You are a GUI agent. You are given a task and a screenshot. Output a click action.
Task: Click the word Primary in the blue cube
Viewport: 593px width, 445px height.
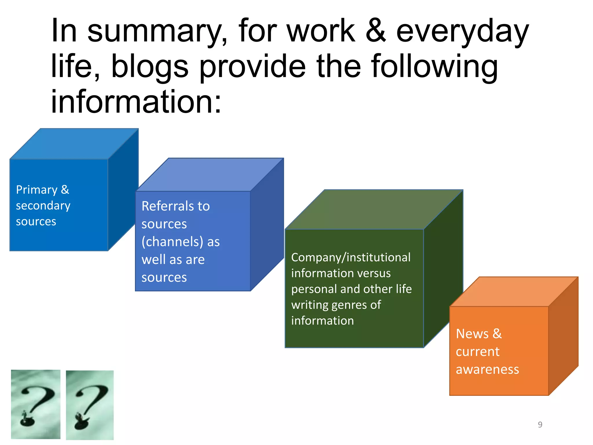tap(37, 190)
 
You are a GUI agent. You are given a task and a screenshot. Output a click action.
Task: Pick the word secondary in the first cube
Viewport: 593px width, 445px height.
tap(43, 206)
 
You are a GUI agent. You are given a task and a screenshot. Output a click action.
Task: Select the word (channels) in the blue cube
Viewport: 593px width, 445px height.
tap(172, 242)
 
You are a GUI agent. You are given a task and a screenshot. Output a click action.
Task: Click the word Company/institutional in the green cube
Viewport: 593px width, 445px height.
tap(351, 257)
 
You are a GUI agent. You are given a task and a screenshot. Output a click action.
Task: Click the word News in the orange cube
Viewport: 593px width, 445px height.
tap(472, 334)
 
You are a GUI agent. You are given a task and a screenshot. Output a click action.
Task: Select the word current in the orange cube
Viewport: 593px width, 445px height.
tap(477, 352)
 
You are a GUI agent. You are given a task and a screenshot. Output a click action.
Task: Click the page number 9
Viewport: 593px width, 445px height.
tap(540, 424)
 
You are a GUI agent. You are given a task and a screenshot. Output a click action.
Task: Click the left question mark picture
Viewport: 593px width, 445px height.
tap(36, 404)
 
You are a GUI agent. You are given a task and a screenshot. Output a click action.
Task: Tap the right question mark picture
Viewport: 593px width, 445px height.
tap(90, 405)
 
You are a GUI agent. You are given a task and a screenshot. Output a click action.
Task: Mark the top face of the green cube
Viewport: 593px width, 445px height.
tap(374, 209)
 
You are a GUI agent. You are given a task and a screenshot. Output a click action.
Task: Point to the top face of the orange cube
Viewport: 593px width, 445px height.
tap(514, 291)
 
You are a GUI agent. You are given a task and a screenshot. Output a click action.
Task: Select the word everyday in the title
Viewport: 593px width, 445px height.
tap(462, 31)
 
